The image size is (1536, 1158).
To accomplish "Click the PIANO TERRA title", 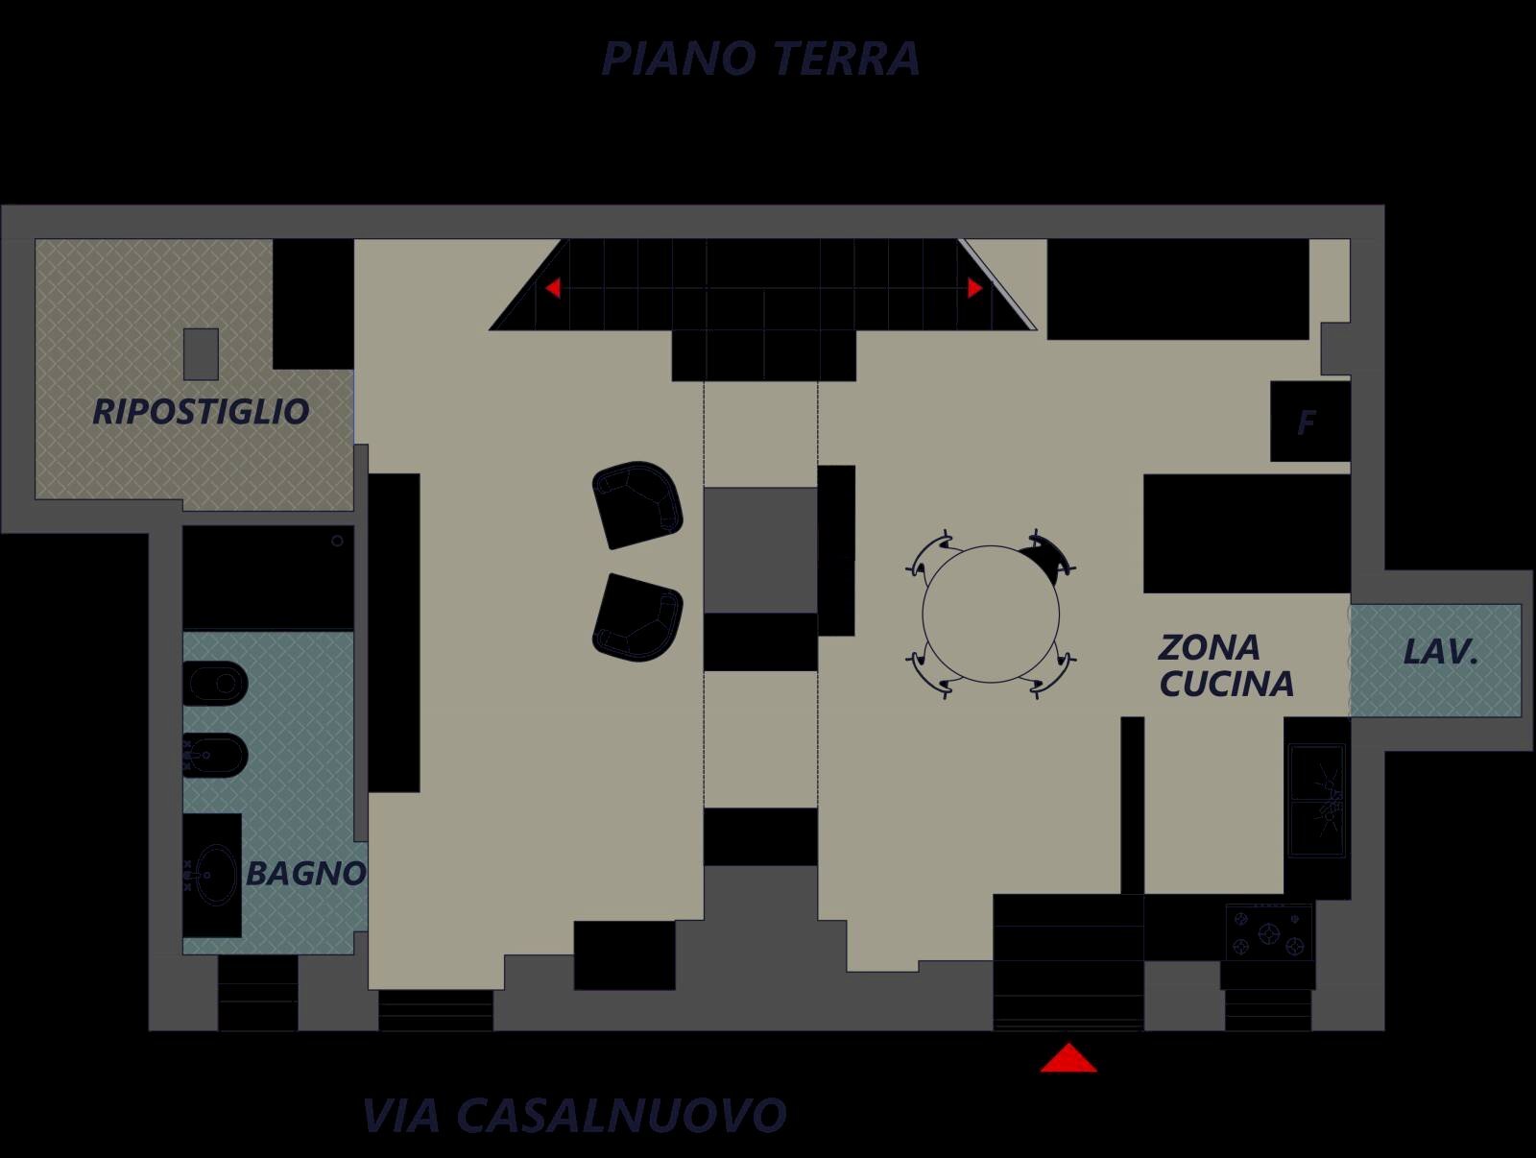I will (760, 59).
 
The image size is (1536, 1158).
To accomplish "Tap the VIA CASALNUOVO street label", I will (574, 1115).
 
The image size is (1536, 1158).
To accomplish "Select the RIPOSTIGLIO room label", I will (201, 412).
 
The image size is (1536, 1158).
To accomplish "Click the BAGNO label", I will (305, 874).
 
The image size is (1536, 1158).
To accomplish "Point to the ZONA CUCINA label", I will (1225, 665).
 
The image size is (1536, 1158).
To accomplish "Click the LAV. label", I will (1440, 653).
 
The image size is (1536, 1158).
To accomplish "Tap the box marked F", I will (1308, 422).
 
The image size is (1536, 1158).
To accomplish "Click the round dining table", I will (991, 614).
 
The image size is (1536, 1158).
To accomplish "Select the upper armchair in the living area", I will (637, 504).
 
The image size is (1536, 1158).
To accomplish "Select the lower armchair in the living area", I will (637, 616).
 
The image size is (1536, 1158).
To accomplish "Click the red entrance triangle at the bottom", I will (1068, 1058).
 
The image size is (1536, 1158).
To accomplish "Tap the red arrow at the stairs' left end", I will (553, 287).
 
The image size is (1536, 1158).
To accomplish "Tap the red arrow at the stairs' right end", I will (974, 287).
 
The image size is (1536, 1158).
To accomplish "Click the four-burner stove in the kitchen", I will (1269, 931).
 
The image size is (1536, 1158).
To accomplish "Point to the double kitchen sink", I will (1316, 800).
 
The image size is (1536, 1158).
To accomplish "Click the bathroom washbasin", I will (215, 875).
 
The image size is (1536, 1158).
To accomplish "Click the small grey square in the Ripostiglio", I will (201, 353).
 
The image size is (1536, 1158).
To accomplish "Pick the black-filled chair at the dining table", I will (1044, 556).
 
